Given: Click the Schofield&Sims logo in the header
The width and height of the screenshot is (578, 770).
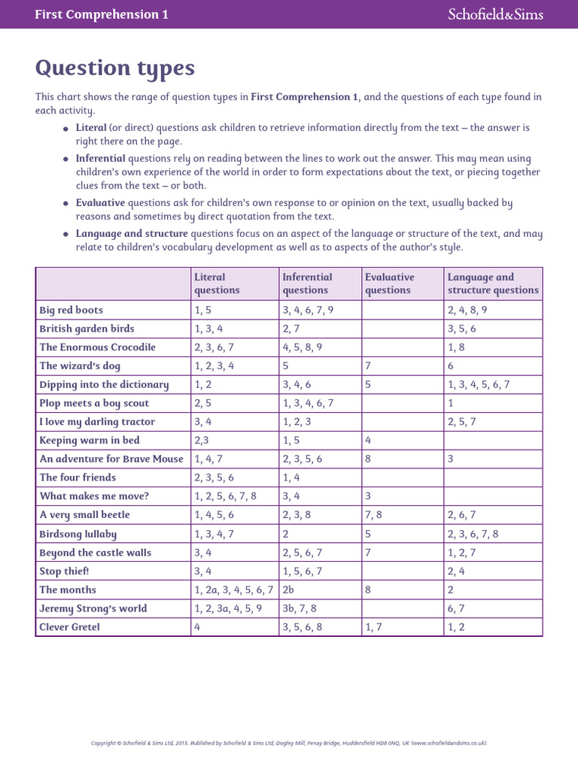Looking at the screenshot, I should coord(494,14).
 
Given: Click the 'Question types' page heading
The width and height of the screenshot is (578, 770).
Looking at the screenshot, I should coord(114,68).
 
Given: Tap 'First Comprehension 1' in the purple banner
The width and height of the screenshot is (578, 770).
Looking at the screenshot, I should coord(102,15).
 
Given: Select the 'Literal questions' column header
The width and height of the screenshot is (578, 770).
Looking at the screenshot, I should coord(217,283).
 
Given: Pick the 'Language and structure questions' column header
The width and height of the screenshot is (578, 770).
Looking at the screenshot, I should coord(493,283).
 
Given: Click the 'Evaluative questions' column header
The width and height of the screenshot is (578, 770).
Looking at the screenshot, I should coord(389,283).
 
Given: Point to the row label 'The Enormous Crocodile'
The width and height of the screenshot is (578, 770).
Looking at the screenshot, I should coord(97,347).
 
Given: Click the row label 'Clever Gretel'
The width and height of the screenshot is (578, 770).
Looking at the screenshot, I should coord(69,627).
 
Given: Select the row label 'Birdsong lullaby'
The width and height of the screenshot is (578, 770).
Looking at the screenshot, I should coord(78,534).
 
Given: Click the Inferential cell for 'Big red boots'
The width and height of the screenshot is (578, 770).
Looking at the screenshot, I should coord(308,310).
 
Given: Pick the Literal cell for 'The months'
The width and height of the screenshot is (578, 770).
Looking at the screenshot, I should coord(233,590).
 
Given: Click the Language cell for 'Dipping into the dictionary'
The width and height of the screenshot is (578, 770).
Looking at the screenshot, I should coord(479,385).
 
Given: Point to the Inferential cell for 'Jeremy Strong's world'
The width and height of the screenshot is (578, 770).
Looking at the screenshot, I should coord(300,609).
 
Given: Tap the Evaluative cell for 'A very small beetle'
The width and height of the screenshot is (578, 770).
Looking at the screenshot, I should coord(373,515).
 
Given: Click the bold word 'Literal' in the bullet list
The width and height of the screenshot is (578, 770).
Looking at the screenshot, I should coord(91,128).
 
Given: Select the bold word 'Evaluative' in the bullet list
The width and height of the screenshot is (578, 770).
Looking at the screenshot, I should coord(100,203).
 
